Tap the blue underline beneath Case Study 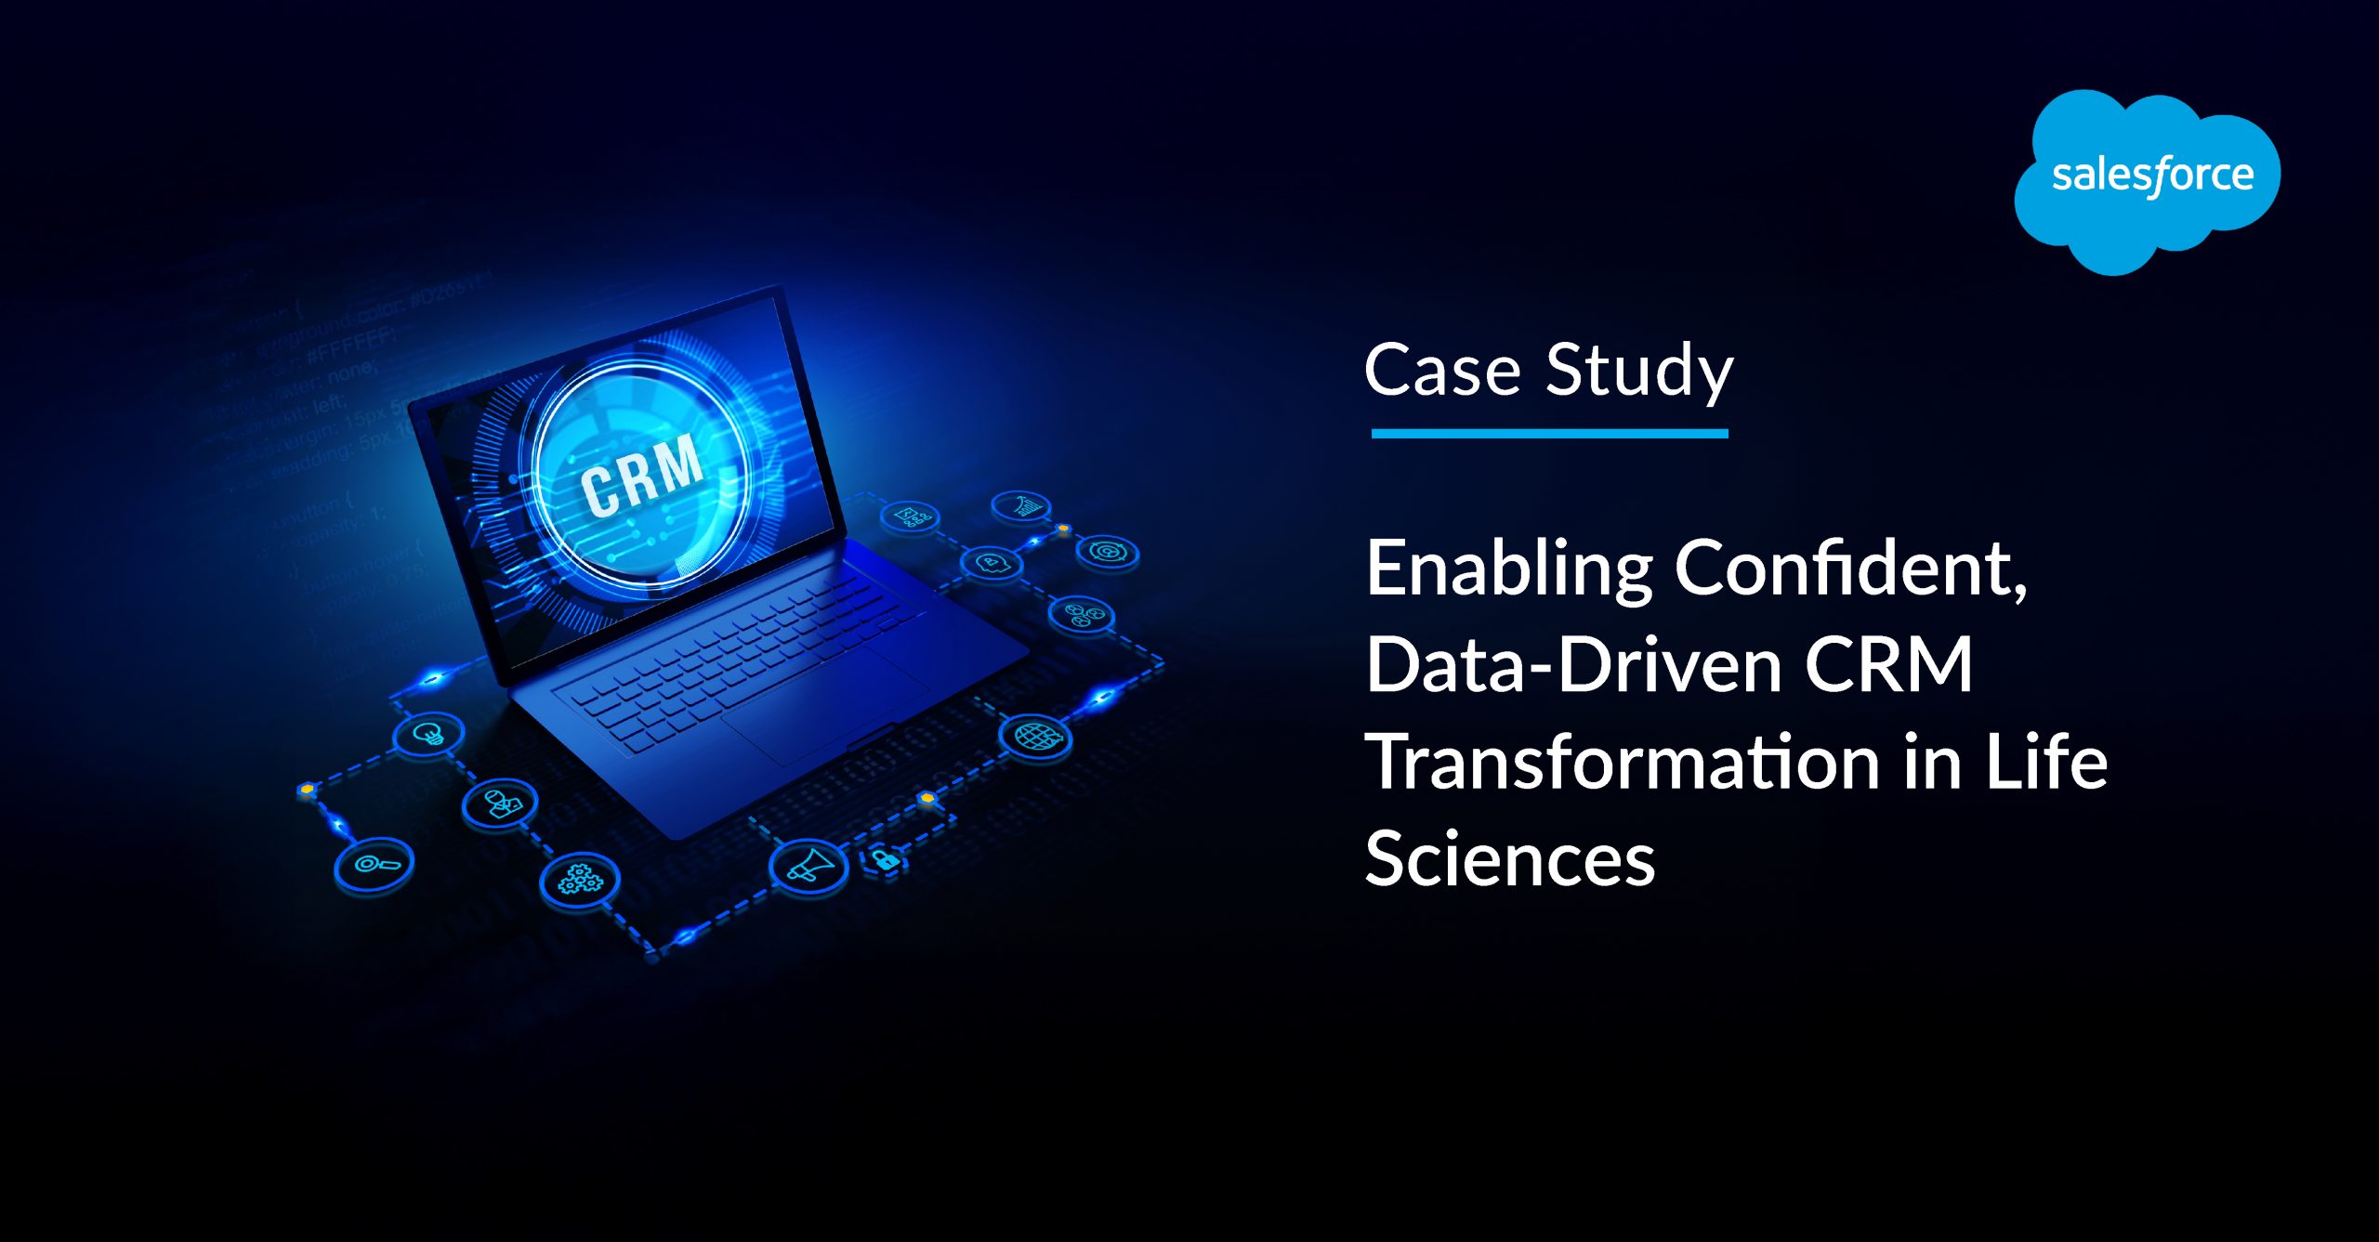coord(1549,433)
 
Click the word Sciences coord(1509,858)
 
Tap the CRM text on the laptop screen coord(641,475)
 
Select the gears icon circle coord(579,878)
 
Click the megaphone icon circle coord(808,866)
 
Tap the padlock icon coord(884,858)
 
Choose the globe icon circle coord(1035,738)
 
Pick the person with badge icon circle coord(500,803)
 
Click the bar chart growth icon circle coord(1021,506)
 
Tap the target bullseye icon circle coord(1107,552)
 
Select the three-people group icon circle coord(1081,614)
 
